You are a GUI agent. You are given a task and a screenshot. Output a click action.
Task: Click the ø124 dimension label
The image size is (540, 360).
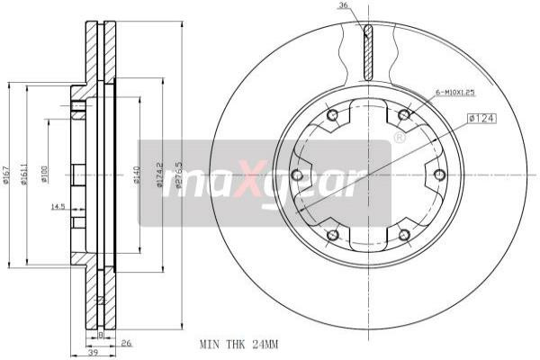coord(482,118)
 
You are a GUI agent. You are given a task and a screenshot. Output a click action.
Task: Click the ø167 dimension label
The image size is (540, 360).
coord(7,175)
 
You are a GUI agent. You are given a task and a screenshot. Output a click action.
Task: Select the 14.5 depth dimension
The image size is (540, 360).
coord(58,208)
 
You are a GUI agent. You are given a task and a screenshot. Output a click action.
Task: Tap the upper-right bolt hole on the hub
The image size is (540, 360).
coord(403,114)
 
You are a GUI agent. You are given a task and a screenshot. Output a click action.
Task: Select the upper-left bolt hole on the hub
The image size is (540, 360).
coord(332,114)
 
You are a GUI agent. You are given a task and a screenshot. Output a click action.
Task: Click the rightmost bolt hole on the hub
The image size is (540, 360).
coord(439,175)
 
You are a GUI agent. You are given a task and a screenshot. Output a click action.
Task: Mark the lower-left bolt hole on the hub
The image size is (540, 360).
coord(332,235)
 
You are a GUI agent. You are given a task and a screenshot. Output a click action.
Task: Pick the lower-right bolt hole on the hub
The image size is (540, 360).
coord(403,235)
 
